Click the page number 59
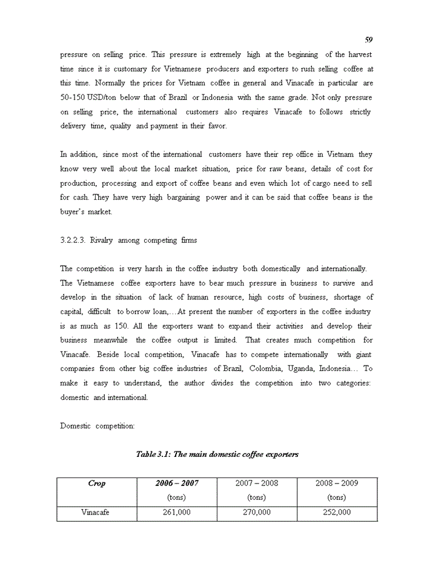(369, 40)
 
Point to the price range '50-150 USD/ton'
(87, 98)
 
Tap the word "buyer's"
(73, 212)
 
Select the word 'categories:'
(352, 383)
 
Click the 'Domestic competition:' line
(97, 426)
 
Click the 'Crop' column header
(96, 484)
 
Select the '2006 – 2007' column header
(177, 484)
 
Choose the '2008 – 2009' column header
(337, 484)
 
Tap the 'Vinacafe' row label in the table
(96, 513)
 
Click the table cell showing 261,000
(177, 513)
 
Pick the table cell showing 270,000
(257, 513)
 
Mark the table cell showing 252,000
(337, 513)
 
